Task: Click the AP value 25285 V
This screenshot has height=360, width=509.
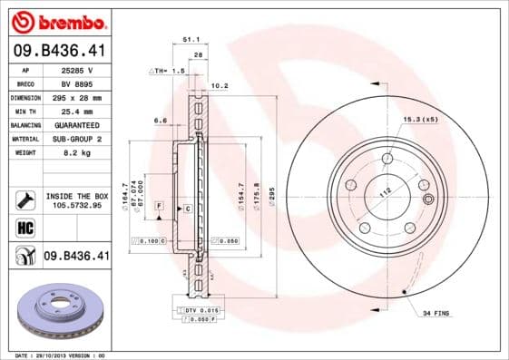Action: coord(79,70)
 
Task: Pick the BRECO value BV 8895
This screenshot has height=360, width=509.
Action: coord(79,83)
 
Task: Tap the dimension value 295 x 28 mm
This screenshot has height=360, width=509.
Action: coord(79,97)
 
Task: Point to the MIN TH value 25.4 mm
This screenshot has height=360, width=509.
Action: coord(79,111)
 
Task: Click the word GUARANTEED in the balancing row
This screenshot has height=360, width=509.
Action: coord(79,125)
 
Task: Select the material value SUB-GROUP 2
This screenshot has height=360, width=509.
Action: coord(79,139)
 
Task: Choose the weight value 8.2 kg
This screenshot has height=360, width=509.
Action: coord(79,153)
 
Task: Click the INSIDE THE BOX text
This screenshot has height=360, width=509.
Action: coord(76,196)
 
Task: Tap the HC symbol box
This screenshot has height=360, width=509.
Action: coord(25,226)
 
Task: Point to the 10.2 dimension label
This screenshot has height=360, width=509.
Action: coord(218,87)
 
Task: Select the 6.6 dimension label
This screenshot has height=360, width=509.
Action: coord(159,120)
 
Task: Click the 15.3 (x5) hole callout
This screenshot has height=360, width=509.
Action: coord(420,119)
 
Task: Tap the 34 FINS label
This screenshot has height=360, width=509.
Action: coord(437,314)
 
